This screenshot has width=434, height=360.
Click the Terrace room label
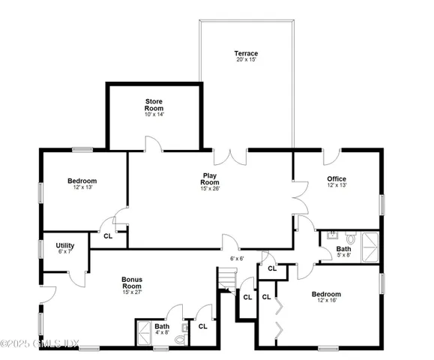point(245,53)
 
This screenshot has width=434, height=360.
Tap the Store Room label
point(154,104)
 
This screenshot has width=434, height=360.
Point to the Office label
point(337,178)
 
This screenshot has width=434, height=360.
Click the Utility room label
point(64,244)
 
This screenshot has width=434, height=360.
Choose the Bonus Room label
point(132,283)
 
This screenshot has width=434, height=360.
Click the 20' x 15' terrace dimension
point(245,61)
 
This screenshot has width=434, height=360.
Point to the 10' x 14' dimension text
point(154,114)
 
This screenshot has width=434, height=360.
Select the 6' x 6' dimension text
point(237,258)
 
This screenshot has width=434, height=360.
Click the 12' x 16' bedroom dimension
point(326,301)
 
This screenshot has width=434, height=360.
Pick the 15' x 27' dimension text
point(132,292)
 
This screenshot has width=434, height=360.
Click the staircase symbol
point(226,281)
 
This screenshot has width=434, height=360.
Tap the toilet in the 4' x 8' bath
point(180,337)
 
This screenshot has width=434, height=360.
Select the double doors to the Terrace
point(231,157)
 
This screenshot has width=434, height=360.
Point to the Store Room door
point(152,144)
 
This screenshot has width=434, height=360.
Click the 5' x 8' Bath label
point(343,249)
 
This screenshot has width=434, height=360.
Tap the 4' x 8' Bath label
point(163,326)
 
